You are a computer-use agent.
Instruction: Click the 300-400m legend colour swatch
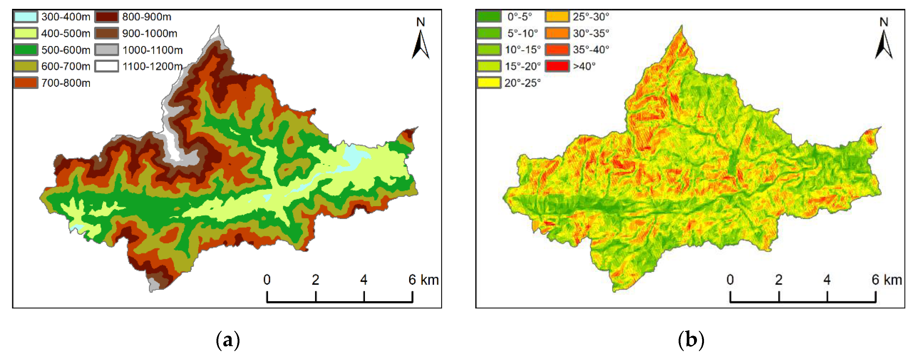pos(26,17)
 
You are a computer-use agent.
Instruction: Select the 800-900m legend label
pos(146,17)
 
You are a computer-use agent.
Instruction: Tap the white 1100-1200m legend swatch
pos(106,66)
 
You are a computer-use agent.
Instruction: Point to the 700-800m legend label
pos(66,83)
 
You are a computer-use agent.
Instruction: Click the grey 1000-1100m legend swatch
pos(106,50)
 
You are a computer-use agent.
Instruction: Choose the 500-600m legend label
pos(66,50)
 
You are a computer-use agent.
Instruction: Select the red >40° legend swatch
pos(557,66)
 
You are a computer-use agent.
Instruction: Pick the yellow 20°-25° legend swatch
pos(489,83)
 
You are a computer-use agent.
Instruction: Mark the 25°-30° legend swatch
pos(557,17)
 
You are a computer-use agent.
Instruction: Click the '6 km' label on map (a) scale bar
pos(423,280)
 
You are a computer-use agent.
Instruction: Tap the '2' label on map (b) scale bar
pos(778,280)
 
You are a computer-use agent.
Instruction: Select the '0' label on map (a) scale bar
pos(267,280)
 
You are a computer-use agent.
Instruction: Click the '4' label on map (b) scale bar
pos(827,280)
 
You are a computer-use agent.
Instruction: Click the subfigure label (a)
pos(228,340)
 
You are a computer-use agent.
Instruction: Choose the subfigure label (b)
pos(691,340)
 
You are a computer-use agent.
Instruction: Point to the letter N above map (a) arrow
pos(421,22)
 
